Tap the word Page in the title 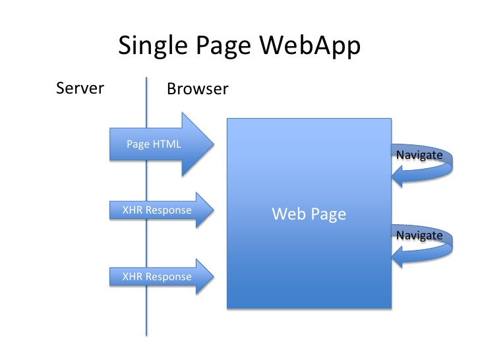(x=217, y=45)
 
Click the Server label (x=80, y=88)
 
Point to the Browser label (x=197, y=88)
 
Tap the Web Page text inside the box (x=309, y=214)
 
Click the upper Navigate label (x=419, y=155)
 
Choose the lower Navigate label (x=419, y=235)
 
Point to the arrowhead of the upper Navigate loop (x=396, y=175)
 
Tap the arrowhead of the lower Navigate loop (x=396, y=255)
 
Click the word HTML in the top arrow (x=167, y=143)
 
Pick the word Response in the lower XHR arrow (x=169, y=276)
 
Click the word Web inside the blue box (x=287, y=214)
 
